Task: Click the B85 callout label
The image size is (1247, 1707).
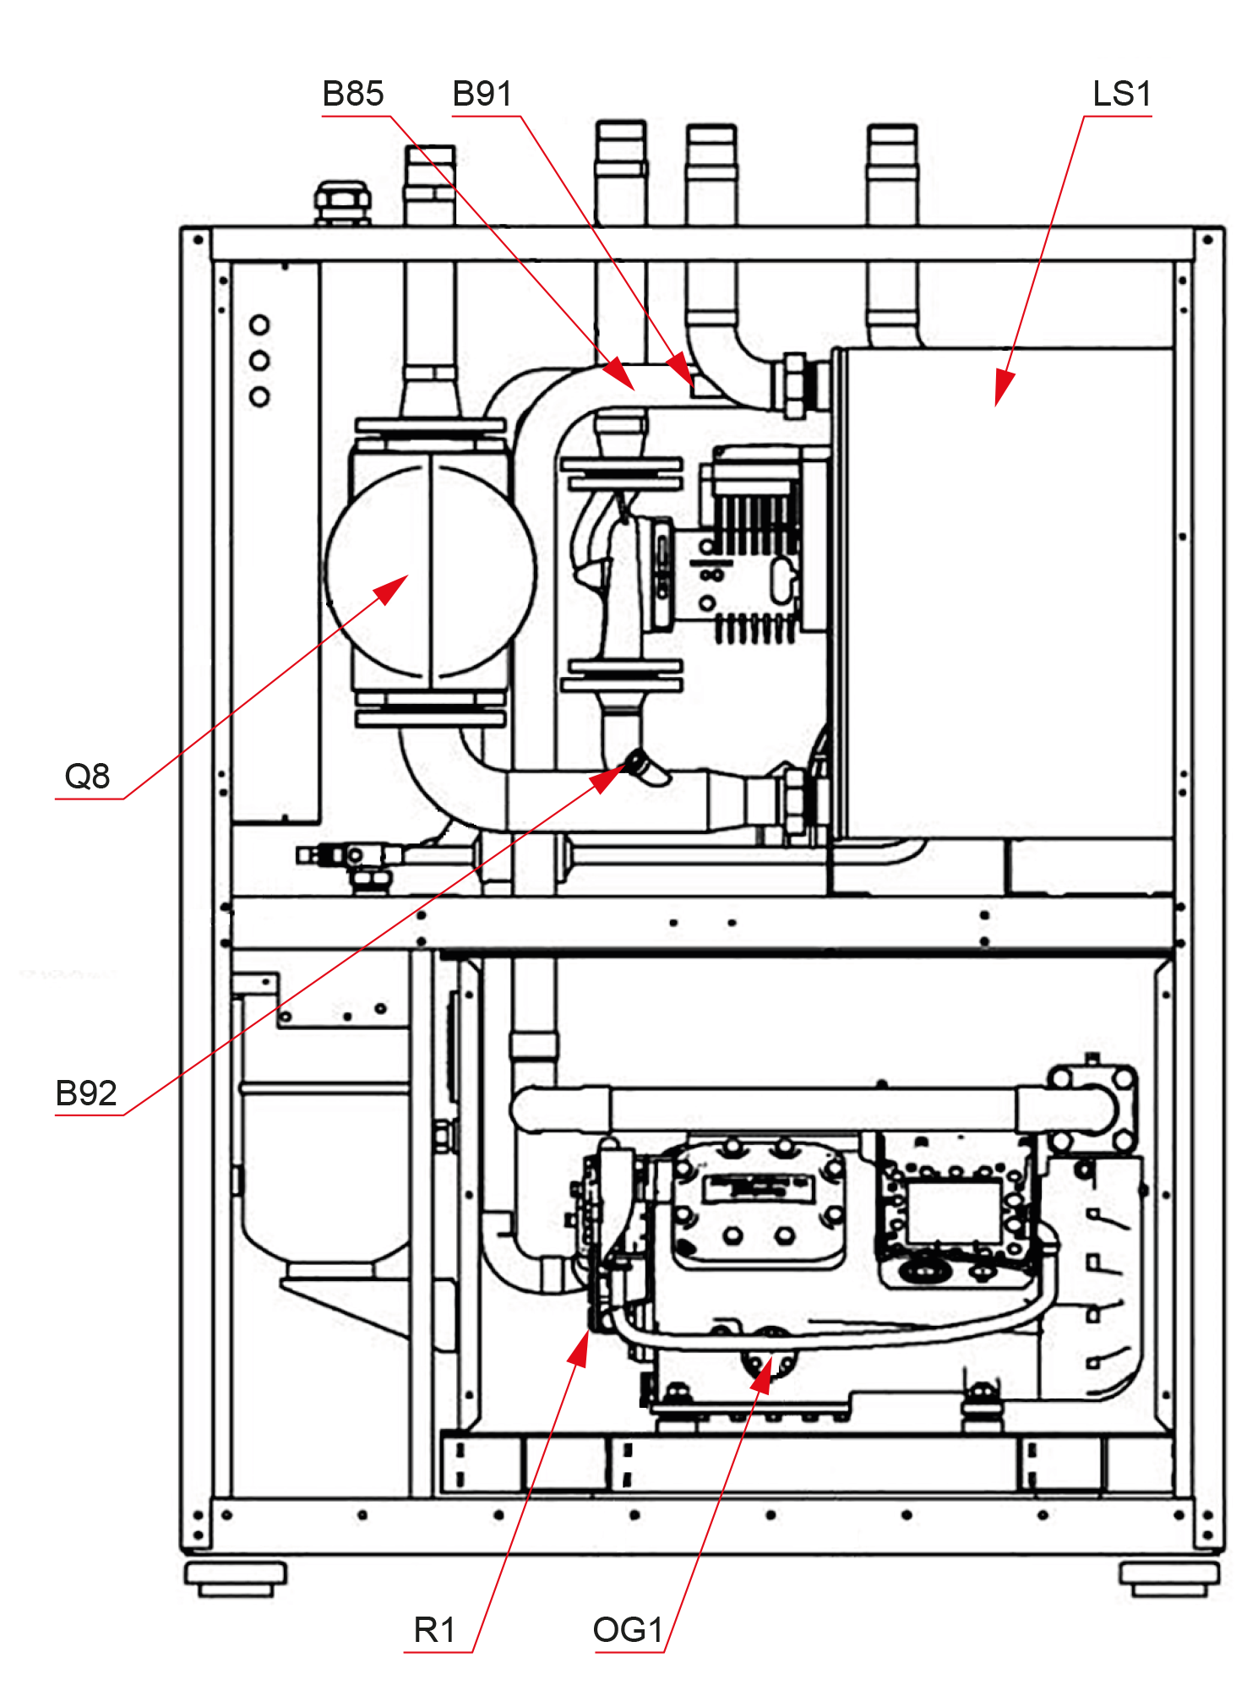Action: [353, 94]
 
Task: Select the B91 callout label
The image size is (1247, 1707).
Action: [482, 94]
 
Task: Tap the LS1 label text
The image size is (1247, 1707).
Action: [1122, 94]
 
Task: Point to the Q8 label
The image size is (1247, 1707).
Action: [88, 776]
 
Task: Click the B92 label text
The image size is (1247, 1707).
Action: [86, 1093]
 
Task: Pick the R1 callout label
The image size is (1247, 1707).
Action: [435, 1630]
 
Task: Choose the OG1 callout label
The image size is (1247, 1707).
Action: [629, 1630]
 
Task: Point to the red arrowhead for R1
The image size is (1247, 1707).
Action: [580, 1349]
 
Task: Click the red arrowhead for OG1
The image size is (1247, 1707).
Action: [762, 1376]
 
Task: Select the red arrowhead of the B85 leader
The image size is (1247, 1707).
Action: [619, 374]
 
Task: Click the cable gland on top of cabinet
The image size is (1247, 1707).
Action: [342, 200]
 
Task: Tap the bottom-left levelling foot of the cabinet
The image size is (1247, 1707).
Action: [236, 1579]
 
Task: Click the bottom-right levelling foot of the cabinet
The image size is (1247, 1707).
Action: [1171, 1579]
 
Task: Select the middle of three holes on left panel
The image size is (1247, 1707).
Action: [260, 361]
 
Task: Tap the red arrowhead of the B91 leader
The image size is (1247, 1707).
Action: [681, 369]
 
